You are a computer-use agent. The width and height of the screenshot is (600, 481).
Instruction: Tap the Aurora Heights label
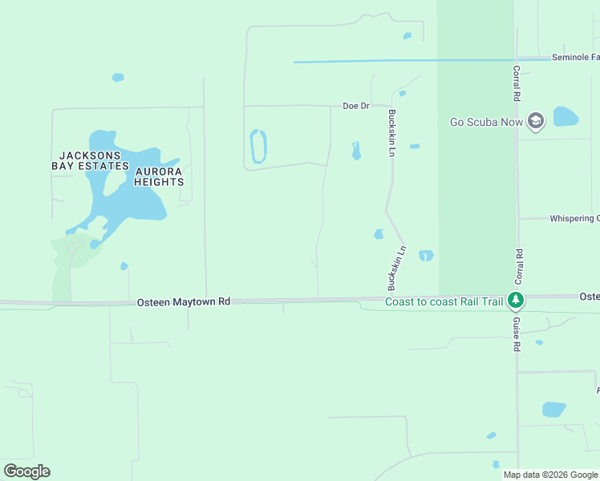(159, 176)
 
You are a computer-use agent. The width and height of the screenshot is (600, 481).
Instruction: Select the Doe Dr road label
(355, 106)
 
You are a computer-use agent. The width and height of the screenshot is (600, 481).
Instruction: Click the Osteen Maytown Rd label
(184, 302)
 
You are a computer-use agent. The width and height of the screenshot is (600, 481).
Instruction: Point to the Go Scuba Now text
(486, 123)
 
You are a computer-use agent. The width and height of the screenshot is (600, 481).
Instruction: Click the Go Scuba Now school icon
(536, 122)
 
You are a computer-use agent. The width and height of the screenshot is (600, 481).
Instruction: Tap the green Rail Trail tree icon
(516, 301)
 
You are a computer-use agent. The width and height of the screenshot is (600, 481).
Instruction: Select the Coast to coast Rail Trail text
(444, 302)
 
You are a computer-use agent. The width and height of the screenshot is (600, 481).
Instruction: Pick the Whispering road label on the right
(573, 219)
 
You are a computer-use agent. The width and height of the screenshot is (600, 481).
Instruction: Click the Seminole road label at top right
(575, 58)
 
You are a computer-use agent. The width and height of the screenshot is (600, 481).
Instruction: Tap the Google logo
(26, 471)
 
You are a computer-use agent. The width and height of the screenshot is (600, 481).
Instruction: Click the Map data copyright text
(550, 475)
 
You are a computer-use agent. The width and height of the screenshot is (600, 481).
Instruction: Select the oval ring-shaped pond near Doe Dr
(258, 147)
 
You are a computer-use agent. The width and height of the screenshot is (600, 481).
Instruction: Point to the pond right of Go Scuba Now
(565, 117)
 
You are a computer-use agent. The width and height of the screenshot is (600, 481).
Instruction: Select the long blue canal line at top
(401, 61)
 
